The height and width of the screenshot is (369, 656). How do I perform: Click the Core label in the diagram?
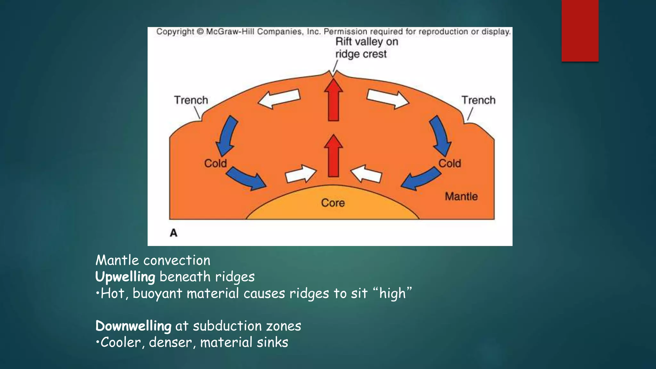333,203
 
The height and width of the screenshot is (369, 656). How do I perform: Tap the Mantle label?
461,196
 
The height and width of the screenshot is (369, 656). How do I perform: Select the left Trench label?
191,100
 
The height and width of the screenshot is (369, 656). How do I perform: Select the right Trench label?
478,100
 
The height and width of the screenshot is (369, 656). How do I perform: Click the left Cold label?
215,163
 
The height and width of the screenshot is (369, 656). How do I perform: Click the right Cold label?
449,163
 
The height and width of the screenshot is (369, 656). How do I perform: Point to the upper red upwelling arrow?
333,100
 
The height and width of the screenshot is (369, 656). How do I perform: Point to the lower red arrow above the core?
333,156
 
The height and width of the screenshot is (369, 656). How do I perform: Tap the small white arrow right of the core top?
366,174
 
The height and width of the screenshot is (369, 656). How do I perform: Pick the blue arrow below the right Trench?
441,136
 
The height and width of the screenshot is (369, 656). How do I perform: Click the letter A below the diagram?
173,233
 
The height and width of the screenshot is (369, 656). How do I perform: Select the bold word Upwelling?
125,277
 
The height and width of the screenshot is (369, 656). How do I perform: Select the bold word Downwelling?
133,326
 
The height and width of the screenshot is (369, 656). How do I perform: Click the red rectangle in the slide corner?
580,31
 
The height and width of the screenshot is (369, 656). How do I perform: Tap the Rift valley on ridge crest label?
366,48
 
